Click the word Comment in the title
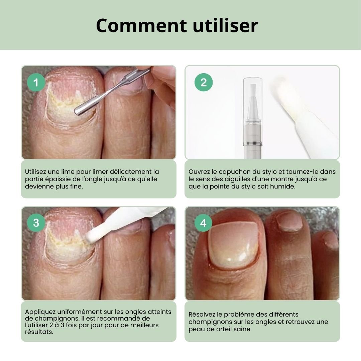point(141,25)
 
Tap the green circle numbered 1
point(36,83)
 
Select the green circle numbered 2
point(204,83)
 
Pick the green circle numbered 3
point(36,223)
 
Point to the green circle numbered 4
point(203,223)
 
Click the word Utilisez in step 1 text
point(35,172)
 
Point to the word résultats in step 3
point(39,332)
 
